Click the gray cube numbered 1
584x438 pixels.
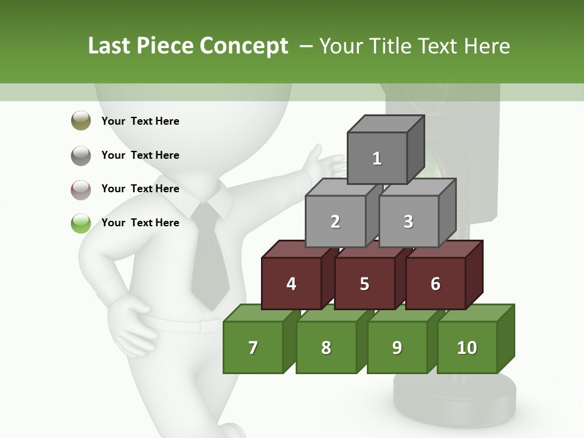click(377, 158)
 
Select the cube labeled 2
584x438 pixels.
click(335, 221)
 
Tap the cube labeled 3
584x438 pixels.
click(408, 221)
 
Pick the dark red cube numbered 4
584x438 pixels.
click(291, 283)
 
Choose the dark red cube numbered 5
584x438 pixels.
click(364, 283)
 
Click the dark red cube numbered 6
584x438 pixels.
click(436, 283)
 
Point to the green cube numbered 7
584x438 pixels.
click(253, 347)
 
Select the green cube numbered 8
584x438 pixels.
click(326, 347)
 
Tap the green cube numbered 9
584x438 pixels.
click(397, 347)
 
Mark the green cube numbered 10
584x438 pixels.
click(467, 347)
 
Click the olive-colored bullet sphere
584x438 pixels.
click(81, 121)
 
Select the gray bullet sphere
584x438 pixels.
click(81, 155)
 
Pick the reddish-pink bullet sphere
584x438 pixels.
click(81, 189)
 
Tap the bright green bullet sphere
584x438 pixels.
click(81, 223)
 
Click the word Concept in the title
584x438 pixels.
click(244, 46)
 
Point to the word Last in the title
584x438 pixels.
click(110, 46)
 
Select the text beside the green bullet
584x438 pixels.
click(141, 223)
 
